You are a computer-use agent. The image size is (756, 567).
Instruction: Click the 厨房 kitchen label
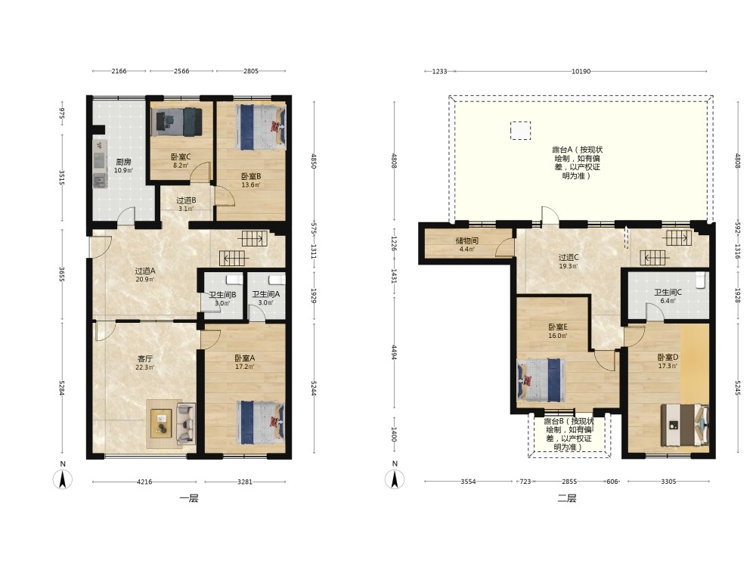tap(123, 162)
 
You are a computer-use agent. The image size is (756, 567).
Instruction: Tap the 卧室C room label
tap(181, 156)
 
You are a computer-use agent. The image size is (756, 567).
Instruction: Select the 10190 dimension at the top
tap(581, 71)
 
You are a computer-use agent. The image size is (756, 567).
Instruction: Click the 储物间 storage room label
tap(466, 240)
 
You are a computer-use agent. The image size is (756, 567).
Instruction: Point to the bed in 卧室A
tap(260, 423)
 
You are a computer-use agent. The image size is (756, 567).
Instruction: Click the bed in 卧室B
tap(260, 128)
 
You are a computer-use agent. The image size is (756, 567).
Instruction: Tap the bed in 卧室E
tap(541, 380)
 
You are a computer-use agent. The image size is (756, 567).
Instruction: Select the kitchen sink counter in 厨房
tap(100, 164)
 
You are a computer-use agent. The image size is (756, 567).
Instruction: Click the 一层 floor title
tap(189, 498)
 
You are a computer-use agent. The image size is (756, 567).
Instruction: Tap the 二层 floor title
tap(567, 498)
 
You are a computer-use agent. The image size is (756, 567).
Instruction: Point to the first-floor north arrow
tap(63, 479)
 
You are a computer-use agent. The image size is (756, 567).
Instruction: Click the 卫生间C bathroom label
tap(668, 292)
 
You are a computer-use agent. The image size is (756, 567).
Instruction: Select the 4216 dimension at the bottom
tap(144, 481)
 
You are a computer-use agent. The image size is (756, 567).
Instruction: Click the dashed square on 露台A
tap(521, 131)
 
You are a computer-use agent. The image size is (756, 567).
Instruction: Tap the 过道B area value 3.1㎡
tap(186, 209)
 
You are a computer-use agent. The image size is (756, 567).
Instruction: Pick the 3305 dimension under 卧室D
tap(668, 481)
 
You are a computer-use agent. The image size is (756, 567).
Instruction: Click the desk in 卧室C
tap(162, 122)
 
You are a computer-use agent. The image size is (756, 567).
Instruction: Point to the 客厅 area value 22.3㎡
tap(144, 367)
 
